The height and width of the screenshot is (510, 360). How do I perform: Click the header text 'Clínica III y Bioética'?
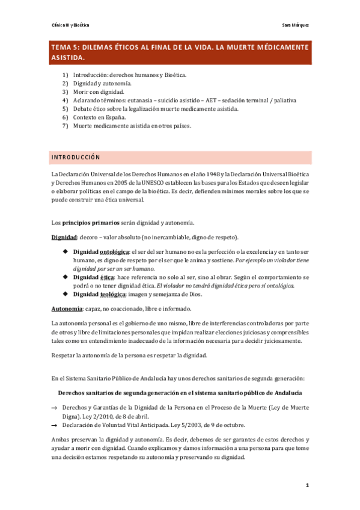69,26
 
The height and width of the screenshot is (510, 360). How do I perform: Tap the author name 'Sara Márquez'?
295,26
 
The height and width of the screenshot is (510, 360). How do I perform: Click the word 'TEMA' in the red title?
61,47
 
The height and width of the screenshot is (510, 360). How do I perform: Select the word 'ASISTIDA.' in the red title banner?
67,58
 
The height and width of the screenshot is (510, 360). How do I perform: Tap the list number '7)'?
65,126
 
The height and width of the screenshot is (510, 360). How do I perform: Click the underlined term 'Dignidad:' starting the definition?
63,237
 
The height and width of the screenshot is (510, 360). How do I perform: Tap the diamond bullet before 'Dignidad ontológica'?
64,251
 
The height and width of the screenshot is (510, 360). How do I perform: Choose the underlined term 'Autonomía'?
66,309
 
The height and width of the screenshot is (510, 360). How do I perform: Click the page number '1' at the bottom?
307,485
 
